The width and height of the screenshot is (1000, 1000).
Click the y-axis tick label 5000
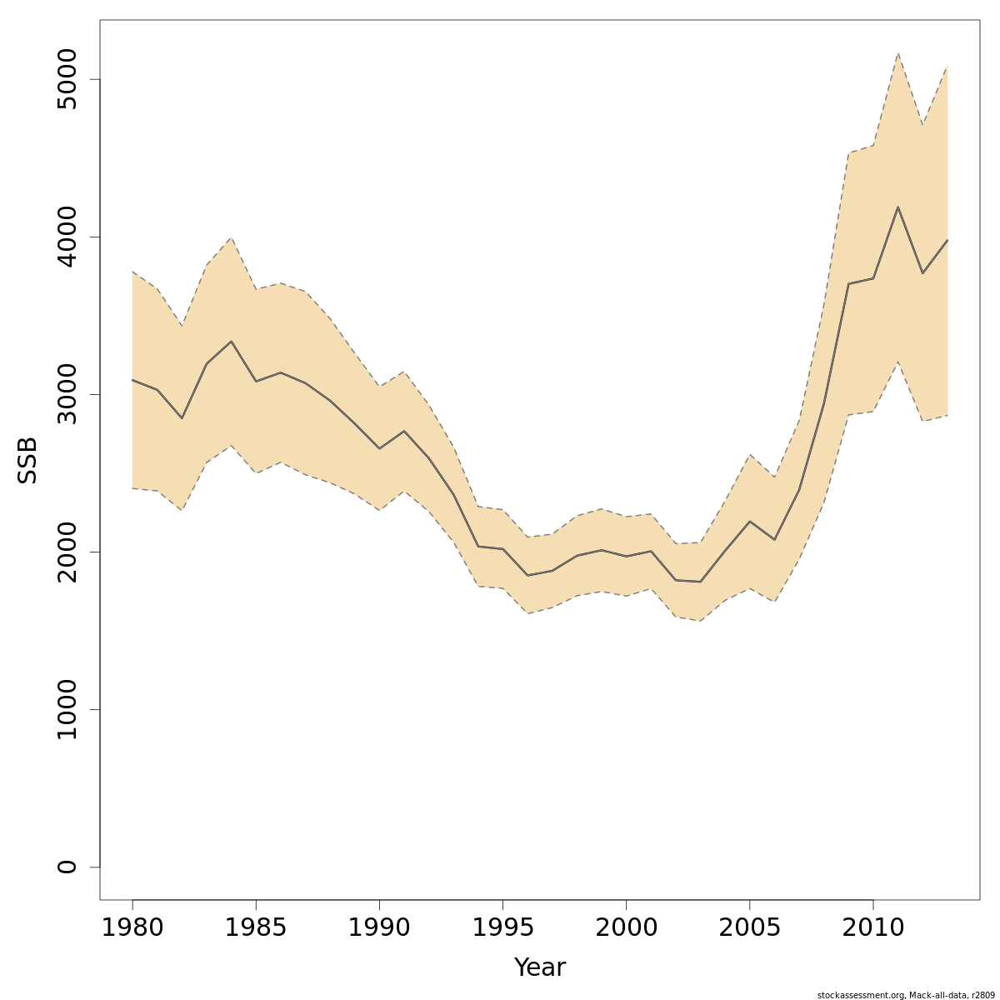pos(67,79)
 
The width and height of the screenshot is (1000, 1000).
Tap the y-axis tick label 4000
pos(67,237)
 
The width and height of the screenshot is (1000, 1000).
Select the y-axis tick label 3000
pos(67,394)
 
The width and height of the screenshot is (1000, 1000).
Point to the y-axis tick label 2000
pos(67,552)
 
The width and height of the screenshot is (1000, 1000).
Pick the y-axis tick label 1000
pos(67,709)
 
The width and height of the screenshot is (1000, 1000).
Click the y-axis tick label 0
pos(67,867)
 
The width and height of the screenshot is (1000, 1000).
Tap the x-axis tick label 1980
pos(132,927)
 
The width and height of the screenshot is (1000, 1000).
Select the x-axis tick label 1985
pos(256,927)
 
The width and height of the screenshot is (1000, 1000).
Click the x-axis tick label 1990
pos(379,927)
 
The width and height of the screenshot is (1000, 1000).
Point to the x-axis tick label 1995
pos(502,927)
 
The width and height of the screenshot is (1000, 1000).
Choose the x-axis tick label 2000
pos(626,927)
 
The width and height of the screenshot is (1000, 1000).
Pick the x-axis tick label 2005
pos(749,927)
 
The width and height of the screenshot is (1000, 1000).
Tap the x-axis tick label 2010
pos(872,927)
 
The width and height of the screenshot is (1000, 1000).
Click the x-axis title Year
pos(540,967)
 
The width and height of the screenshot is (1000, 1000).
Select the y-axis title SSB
pos(28,459)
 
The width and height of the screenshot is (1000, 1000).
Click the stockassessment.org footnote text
pos(907,995)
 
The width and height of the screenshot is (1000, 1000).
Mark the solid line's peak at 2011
pos(897,207)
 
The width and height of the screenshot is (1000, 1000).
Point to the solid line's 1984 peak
pos(231,342)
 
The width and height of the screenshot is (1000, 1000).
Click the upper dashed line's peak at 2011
pos(897,53)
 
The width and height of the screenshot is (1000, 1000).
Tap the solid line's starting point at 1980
pos(132,380)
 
